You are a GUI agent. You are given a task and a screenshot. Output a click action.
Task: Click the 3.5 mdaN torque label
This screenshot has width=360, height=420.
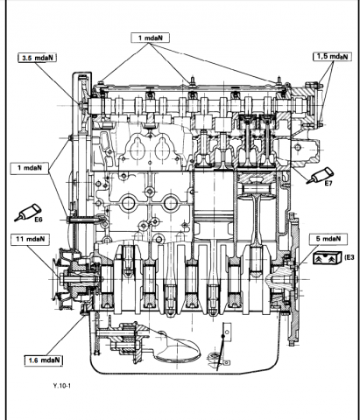pyautogui.click(x=37, y=58)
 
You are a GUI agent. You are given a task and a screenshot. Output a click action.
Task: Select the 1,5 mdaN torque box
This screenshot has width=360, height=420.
pyautogui.click(x=332, y=56)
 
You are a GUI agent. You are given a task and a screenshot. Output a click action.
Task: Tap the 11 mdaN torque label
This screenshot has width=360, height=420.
pyautogui.click(x=31, y=239)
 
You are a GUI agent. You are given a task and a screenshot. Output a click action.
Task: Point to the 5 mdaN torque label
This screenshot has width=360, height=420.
pyautogui.click(x=328, y=239)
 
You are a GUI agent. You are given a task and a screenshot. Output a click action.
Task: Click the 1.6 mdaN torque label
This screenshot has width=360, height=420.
pyautogui.click(x=44, y=360)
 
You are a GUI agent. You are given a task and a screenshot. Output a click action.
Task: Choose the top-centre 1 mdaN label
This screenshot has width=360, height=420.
pyautogui.click(x=150, y=38)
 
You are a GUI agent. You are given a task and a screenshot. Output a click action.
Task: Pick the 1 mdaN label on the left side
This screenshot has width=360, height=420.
pyautogui.click(x=30, y=168)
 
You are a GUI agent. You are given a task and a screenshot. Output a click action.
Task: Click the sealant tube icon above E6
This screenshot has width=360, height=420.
pyautogui.click(x=28, y=212)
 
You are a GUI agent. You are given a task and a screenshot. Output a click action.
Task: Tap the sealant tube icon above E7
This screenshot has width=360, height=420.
pyautogui.click(x=320, y=175)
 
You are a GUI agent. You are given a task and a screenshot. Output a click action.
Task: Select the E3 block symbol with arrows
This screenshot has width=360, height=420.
pyautogui.click(x=328, y=258)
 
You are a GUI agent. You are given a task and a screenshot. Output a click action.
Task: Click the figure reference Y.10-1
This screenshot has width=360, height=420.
pyautogui.click(x=62, y=386)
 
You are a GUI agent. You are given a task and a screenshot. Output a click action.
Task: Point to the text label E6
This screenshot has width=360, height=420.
pyautogui.click(x=39, y=220)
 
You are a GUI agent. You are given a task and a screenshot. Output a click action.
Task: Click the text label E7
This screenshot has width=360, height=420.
pyautogui.click(x=328, y=184)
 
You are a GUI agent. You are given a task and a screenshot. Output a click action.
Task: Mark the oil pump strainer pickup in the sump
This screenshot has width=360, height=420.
pyautogui.click(x=178, y=349)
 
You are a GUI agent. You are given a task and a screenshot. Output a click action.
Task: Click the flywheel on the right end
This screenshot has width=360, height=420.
pyautogui.click(x=293, y=278)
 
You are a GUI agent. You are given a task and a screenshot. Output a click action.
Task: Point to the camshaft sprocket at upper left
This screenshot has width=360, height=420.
pyautogui.click(x=82, y=103)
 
